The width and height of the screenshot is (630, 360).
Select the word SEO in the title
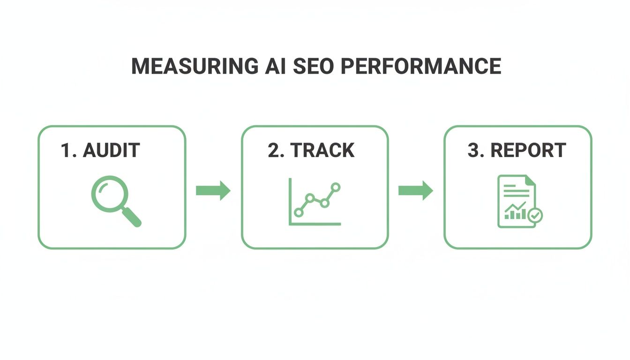pos(314,67)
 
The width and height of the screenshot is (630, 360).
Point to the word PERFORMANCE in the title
pos(420,67)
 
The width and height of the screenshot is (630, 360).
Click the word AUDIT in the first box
pos(111,150)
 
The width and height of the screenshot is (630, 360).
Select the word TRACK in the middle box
pos(322,150)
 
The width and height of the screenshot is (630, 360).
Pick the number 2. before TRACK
pos(276,150)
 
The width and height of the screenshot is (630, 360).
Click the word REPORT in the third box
pos(528,150)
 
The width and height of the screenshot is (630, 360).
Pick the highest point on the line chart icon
pos(335,187)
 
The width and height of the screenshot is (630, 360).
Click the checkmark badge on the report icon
pos(535,216)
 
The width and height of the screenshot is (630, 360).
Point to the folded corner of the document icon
pos(530,180)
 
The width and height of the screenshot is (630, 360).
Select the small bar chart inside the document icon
pos(514,213)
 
